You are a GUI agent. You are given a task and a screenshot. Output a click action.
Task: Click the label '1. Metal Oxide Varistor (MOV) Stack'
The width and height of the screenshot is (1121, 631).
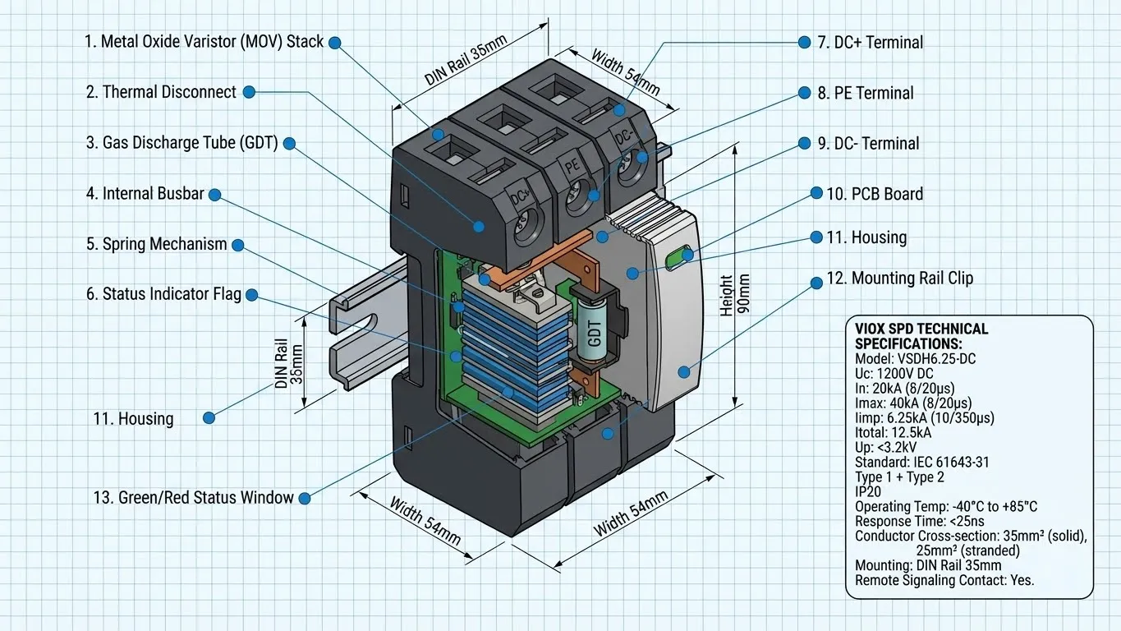[x=204, y=42]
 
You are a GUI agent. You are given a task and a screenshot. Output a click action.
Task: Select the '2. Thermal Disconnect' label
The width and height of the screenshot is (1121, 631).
[x=161, y=92]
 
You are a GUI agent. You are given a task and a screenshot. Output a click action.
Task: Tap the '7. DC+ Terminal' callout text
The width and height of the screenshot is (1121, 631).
[x=870, y=43]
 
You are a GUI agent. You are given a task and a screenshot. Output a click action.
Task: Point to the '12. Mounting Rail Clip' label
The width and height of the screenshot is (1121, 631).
[x=899, y=279]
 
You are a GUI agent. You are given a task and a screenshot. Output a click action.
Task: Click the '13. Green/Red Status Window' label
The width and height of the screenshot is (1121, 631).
[x=194, y=497]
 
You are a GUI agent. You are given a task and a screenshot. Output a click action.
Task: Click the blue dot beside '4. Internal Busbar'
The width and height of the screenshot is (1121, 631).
[x=215, y=195]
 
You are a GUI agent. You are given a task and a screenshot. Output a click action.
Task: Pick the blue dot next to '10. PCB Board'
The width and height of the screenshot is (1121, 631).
[x=816, y=194]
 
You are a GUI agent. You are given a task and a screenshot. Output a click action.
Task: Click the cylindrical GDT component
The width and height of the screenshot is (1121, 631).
[x=595, y=332]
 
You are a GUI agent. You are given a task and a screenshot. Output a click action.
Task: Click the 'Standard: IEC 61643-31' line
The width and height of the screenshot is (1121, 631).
[x=921, y=462]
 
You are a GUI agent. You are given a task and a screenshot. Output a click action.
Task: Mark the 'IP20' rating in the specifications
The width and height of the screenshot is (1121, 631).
[x=869, y=492]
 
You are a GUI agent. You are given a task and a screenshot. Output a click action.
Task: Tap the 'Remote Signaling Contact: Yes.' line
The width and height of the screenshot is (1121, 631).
[x=944, y=580]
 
